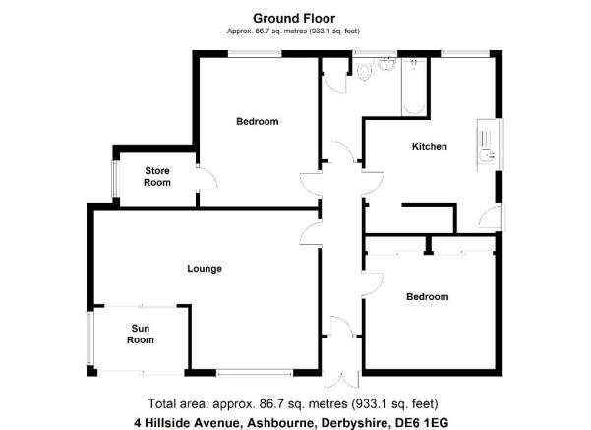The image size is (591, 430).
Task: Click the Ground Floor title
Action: click(x=294, y=18)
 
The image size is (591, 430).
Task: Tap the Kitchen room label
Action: click(x=430, y=146)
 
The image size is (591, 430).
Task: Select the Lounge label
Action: click(x=205, y=269)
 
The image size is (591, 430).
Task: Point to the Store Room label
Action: click(x=157, y=176)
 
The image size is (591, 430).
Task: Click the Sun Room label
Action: click(x=141, y=335)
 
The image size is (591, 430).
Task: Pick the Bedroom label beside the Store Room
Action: click(x=258, y=121)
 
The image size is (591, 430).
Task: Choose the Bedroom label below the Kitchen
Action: click(x=428, y=297)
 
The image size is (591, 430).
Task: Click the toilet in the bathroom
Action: click(x=364, y=71)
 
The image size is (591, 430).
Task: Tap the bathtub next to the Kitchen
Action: click(x=414, y=87)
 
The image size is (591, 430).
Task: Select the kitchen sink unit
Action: click(x=487, y=145)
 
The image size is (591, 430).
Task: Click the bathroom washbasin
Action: click(x=386, y=64)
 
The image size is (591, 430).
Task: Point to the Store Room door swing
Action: click(x=207, y=177)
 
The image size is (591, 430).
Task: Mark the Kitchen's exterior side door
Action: click(x=491, y=216)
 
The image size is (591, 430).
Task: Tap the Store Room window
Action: click(x=115, y=179)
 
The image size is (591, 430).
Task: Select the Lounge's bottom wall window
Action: click(x=255, y=373)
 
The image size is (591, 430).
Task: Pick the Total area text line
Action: click(x=293, y=404)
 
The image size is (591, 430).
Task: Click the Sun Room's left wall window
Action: click(x=90, y=338)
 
